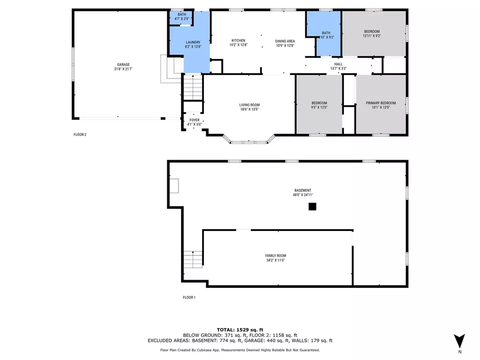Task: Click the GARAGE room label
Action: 123,64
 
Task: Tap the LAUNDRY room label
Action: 193,42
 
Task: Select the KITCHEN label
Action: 237,40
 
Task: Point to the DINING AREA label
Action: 284,40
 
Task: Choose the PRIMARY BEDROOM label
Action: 380,103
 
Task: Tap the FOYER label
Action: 193,120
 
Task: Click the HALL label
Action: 338,64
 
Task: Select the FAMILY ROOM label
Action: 275,255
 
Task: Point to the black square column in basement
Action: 312,206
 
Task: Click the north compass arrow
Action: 459,341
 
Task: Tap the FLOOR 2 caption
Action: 79,134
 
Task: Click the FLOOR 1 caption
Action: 189,297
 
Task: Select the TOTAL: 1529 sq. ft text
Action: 240,329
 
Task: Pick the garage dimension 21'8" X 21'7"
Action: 123,69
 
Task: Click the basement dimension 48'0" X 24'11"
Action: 303,195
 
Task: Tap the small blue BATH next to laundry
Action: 182,14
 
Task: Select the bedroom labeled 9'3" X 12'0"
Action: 318,104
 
